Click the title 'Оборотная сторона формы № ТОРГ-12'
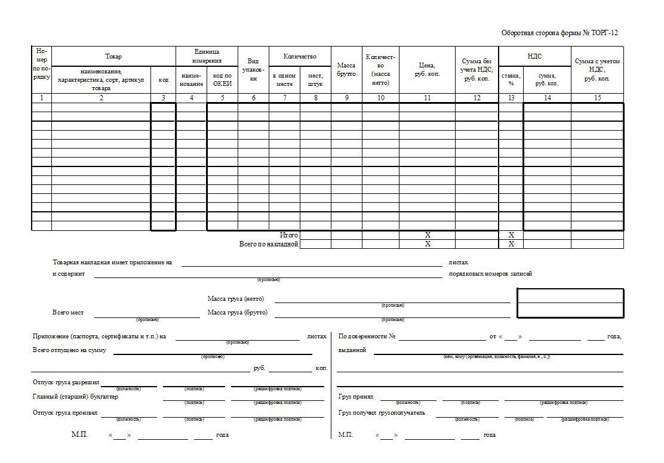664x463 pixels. [560, 33]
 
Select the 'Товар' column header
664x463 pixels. [113, 57]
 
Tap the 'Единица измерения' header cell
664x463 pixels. [207, 56]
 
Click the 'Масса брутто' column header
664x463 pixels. [346, 69]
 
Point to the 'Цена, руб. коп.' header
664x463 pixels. [427, 69]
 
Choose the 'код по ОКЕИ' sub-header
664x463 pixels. [222, 80]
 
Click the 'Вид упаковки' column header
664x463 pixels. [253, 69]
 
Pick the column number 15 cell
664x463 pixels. [597, 98]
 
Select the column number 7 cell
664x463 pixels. [284, 98]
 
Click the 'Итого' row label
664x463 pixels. [289, 236]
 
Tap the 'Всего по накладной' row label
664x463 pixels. [269, 245]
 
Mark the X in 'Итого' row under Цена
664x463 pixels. [428, 236]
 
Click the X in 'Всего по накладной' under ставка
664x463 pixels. [511, 245]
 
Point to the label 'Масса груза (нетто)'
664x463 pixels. [235, 299]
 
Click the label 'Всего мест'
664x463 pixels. [68, 313]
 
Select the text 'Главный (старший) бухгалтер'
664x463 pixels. [75, 397]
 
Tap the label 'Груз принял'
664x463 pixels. [355, 396]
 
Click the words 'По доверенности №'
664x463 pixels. [367, 337]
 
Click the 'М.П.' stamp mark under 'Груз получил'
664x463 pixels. [346, 435]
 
